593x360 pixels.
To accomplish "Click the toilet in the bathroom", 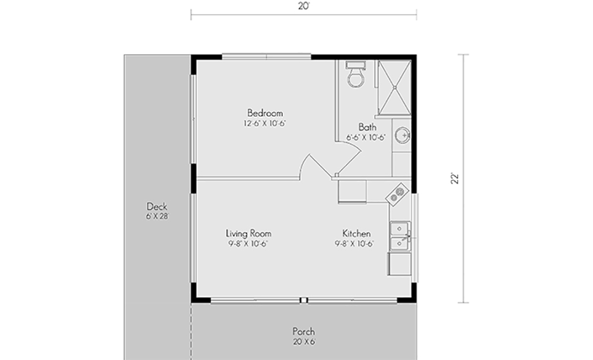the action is coord(355,74).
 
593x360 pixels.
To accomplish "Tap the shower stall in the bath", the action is coord(394,87).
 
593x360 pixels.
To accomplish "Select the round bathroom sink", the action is coord(403,135).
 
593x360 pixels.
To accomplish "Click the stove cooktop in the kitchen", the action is coord(397,195).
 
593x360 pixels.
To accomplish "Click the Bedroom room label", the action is coord(265,113).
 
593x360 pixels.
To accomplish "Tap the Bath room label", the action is coord(367,127).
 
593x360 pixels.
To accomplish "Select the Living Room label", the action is coord(248,234).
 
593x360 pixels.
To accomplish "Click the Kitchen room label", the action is coord(356,233).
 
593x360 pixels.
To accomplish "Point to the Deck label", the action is coord(157,206).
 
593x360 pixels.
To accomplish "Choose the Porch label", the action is coord(304,332).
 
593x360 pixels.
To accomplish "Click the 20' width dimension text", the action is coord(304,6).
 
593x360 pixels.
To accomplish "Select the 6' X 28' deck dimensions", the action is coord(157,216).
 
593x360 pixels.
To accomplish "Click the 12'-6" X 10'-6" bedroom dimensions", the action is coord(264,123).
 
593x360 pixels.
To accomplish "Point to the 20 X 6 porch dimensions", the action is coord(304,342).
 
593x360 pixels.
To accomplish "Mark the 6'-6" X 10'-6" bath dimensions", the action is coord(366,138).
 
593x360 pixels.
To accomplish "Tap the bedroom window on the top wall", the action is coord(266,57).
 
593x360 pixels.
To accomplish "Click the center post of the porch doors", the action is coord(303,300).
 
